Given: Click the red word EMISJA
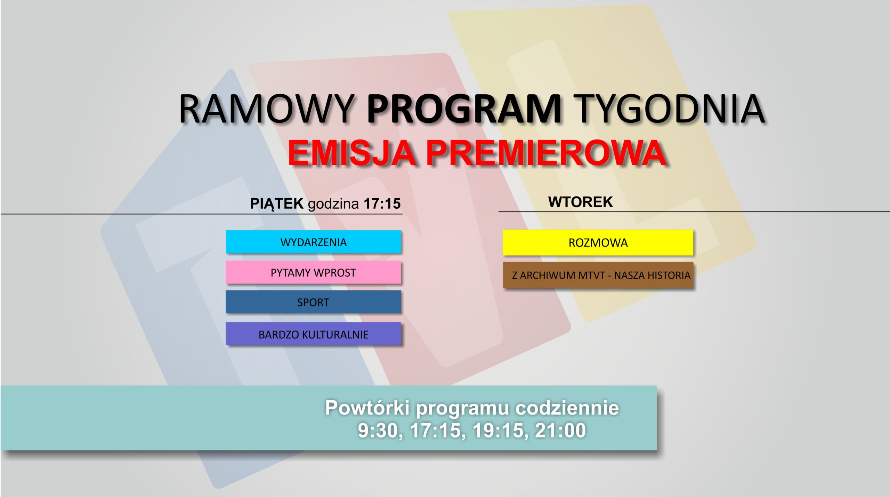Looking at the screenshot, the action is (352, 153).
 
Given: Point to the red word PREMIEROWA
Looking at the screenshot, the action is (545, 153).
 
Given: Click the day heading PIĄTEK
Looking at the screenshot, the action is (277, 204).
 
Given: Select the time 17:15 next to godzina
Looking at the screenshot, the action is (382, 204).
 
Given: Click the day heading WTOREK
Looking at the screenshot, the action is (580, 202).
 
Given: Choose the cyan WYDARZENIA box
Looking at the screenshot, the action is (313, 242).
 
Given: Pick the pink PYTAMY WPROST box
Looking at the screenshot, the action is (313, 272).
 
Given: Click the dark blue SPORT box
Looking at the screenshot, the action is (313, 302).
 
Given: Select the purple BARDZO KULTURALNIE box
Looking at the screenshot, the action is (313, 334).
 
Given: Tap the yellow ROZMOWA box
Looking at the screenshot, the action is (598, 242).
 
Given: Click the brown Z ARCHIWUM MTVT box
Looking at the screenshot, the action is (598, 275).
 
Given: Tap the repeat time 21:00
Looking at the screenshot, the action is (560, 430).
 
